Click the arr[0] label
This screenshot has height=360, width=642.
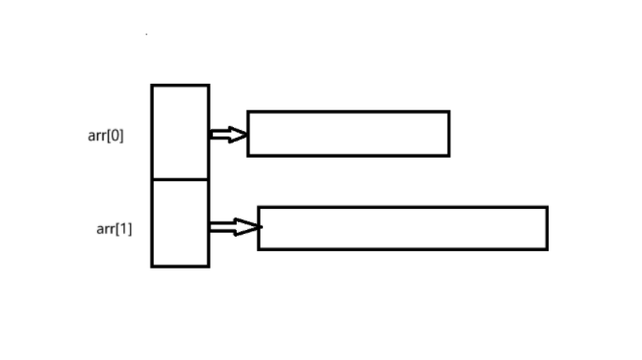(x=106, y=136)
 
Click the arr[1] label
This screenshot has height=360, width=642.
(x=114, y=228)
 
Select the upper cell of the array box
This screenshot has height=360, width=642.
(x=180, y=132)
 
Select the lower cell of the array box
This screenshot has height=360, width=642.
(x=180, y=222)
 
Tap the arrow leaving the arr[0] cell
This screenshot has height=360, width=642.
(x=227, y=134)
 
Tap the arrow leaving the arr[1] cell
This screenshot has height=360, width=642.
(x=234, y=227)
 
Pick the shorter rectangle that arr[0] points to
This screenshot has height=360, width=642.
(x=348, y=134)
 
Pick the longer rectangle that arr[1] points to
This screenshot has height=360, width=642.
(x=402, y=228)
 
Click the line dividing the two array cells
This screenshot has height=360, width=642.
(x=180, y=179)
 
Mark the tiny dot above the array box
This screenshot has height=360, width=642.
(x=146, y=34)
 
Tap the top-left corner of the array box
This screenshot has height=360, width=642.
(x=152, y=86)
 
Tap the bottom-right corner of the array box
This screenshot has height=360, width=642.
(x=208, y=266)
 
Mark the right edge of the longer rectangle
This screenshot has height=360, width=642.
(x=547, y=228)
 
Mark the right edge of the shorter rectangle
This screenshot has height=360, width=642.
(x=449, y=134)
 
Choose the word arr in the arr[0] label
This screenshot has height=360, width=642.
(x=97, y=136)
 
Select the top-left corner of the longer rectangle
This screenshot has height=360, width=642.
(x=259, y=208)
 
